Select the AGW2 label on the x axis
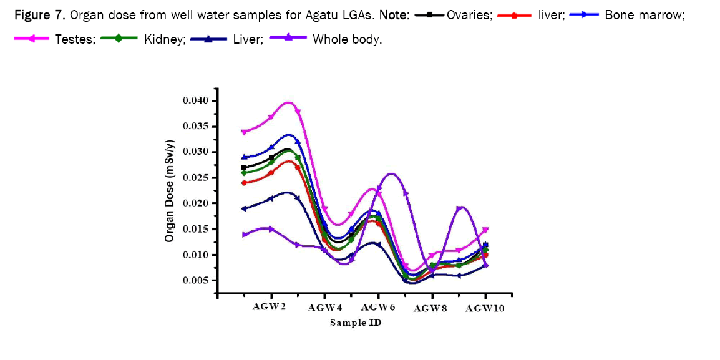tap(269, 307)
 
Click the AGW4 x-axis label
tap(325, 308)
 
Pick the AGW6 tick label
tap(377, 307)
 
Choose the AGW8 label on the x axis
tap(431, 308)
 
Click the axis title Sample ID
tap(356, 323)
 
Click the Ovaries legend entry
tap(469, 14)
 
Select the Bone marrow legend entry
tap(644, 14)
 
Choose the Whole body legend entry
tap(346, 39)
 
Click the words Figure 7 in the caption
tap(39, 14)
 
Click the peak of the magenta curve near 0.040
tap(288, 102)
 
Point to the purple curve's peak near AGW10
tap(460, 207)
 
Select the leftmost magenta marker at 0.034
tap(244, 132)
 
